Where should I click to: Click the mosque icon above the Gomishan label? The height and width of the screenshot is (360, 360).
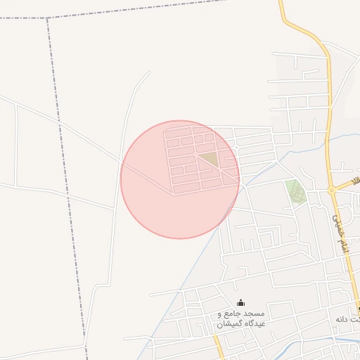click(x=240, y=302)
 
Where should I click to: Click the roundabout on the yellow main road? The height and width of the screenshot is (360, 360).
click(x=331, y=190)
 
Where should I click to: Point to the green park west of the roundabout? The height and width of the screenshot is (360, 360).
click(x=295, y=191)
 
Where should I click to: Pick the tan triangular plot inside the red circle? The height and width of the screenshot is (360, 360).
click(x=210, y=159)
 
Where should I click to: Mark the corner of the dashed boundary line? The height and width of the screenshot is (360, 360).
click(x=48, y=19)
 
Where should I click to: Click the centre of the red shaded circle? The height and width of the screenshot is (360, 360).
click(x=180, y=179)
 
